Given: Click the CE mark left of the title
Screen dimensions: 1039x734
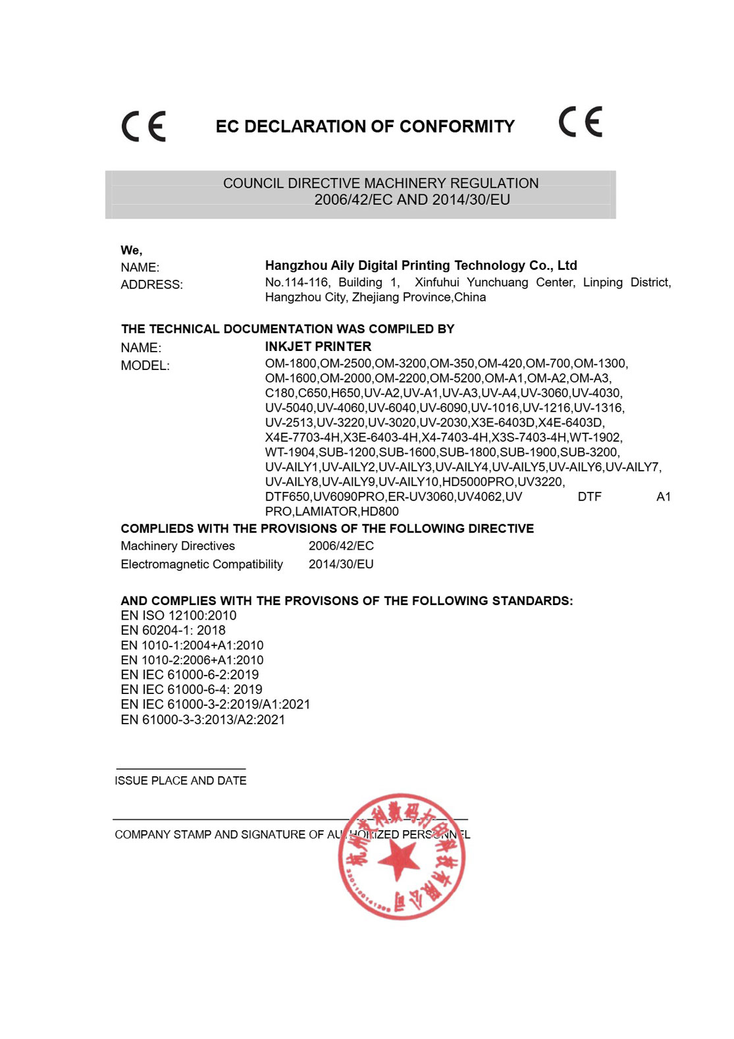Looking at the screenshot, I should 144,126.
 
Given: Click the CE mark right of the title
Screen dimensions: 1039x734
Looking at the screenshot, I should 580,122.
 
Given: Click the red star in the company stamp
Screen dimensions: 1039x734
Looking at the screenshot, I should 398,859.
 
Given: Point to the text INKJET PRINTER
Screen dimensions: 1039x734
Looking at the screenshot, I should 318,346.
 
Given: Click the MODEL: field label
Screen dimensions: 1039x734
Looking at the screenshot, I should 145,365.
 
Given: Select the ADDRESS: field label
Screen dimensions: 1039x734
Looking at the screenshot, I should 151,284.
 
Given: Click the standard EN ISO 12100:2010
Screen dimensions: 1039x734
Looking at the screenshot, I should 178,616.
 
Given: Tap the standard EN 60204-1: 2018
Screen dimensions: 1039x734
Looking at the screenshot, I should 173,630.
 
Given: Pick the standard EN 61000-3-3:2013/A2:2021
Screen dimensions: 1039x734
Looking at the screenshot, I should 203,720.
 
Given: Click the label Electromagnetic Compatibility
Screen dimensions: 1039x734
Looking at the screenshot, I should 201,564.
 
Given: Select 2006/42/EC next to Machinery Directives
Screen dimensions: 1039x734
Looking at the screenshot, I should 341,546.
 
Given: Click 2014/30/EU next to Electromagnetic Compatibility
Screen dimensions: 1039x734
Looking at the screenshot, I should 341,564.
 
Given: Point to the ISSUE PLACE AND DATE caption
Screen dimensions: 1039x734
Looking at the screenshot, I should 180,780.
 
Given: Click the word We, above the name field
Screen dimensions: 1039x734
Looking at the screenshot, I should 131,250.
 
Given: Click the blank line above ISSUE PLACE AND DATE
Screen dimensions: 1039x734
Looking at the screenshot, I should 180,768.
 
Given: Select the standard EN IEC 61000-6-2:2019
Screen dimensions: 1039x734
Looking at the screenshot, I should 190,674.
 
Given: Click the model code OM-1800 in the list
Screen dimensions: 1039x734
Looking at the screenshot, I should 290,363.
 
